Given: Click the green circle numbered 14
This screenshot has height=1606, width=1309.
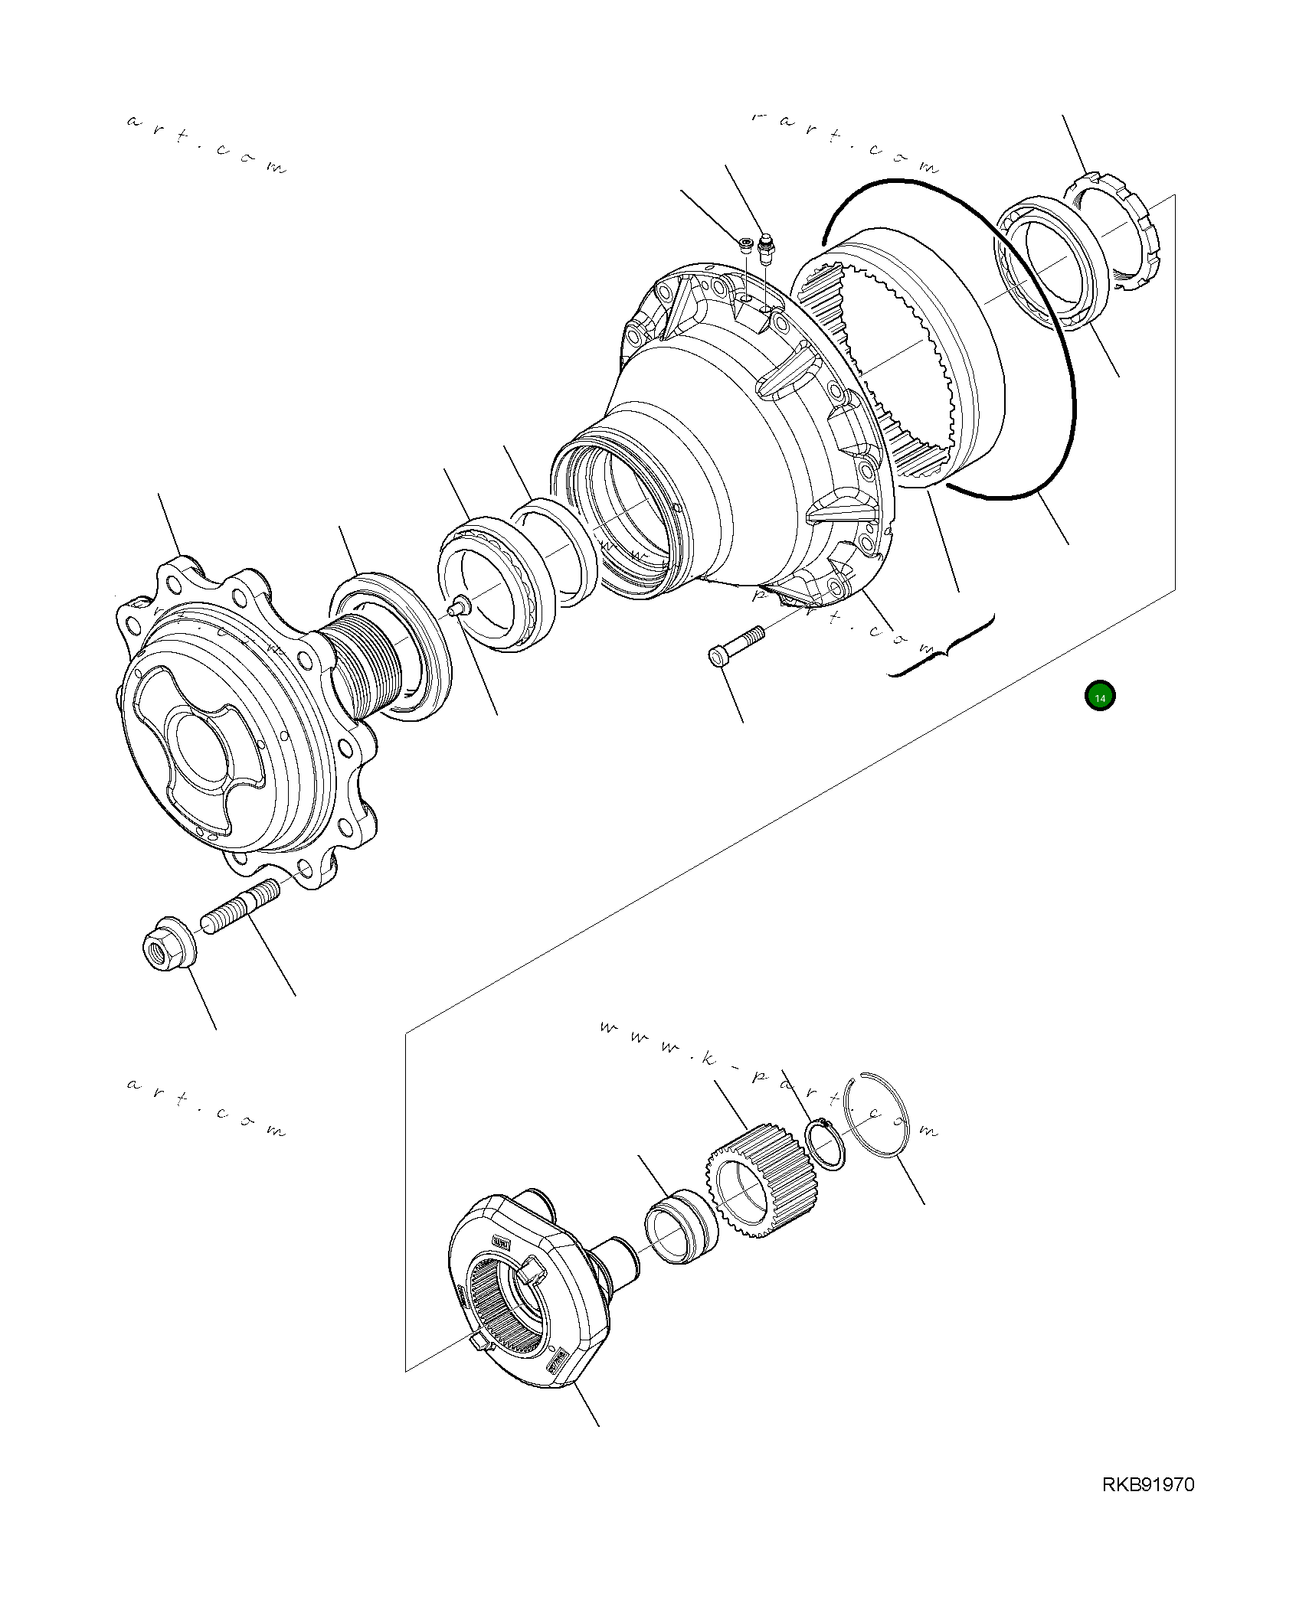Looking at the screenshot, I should pos(1100,697).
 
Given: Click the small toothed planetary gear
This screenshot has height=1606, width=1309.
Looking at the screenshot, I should pos(758,1183).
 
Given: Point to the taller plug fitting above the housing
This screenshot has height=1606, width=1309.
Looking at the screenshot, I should pos(766,249).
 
